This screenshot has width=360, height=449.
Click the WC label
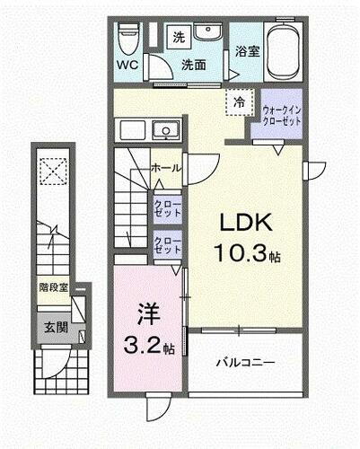126,65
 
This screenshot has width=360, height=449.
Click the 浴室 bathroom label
248,52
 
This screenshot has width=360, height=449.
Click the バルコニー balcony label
245,363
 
